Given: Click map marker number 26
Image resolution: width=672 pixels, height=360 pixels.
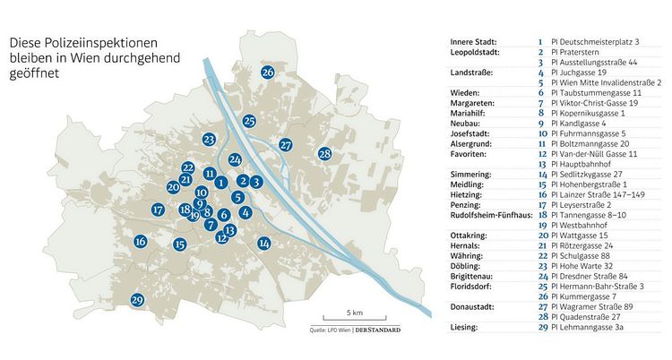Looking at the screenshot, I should click(268, 73).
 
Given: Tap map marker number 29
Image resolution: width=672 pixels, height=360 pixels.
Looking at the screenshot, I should click(137, 300).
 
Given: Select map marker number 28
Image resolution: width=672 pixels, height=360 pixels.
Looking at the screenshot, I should click(325, 154).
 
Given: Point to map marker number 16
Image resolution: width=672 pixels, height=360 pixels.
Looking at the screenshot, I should click(141, 241).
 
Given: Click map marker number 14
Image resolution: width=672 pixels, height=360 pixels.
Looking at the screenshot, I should click(264, 243).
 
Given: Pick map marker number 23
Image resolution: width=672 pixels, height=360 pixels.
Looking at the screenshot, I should click(209, 140).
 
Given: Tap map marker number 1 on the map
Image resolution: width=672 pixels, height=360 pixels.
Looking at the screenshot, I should click(220, 183).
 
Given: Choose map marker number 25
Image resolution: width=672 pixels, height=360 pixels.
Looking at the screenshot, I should click(250, 121).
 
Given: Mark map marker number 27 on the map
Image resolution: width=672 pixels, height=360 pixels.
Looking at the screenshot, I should click(286, 144).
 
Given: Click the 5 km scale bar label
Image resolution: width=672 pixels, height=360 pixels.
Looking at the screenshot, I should click(356, 313).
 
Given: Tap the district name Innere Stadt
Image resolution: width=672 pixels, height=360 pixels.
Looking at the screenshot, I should click(475, 42).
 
